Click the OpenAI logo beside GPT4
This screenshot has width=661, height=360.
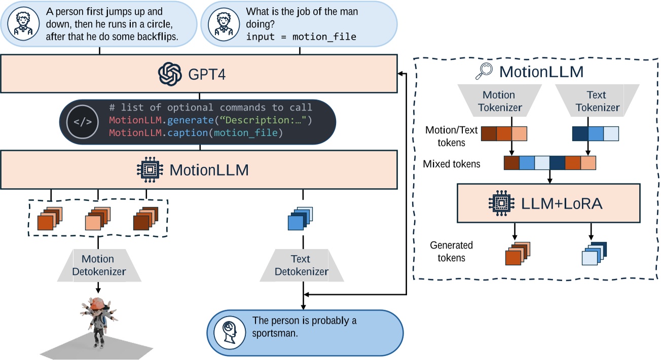point(170,74)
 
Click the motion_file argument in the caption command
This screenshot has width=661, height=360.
point(246,133)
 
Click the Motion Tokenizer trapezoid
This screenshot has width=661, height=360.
point(498,101)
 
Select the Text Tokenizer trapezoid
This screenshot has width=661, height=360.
point(596,101)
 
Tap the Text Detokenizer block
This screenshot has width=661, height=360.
point(302,265)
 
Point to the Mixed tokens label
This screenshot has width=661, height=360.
point(452,164)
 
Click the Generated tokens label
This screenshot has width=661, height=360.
point(451,251)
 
